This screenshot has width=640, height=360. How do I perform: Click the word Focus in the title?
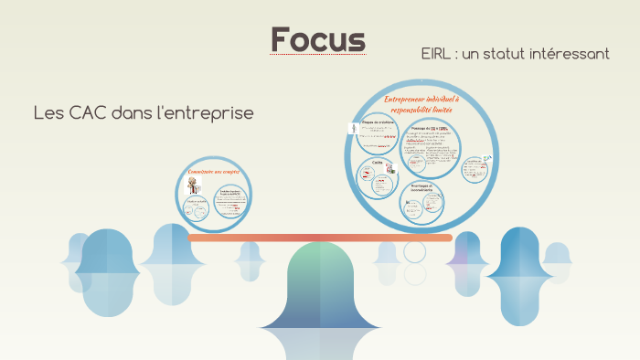(x=318, y=39)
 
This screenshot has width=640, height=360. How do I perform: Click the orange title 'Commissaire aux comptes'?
(x=213, y=172)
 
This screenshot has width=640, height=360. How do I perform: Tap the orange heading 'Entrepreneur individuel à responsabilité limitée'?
(x=422, y=103)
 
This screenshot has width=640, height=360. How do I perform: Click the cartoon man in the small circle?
(x=192, y=185)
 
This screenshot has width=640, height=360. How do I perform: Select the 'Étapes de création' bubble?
(x=379, y=138)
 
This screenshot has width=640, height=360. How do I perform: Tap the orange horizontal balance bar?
(x=320, y=238)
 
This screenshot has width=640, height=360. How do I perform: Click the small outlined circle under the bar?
(x=415, y=251)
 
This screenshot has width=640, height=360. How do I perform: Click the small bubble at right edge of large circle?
(x=473, y=170)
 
